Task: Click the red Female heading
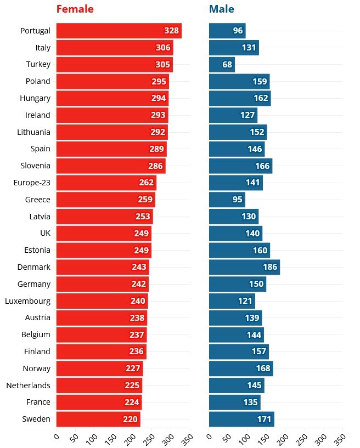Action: pyautogui.click(x=75, y=9)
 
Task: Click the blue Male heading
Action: pyautogui.click(x=221, y=9)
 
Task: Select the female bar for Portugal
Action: pyautogui.click(x=110, y=31)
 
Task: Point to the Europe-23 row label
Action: pyautogui.click(x=32, y=183)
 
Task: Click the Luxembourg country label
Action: pyautogui.click(x=27, y=301)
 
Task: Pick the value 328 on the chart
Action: pyautogui.click(x=171, y=31)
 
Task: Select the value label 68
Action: pyautogui.click(x=227, y=65)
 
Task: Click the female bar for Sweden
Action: pyautogui.click(x=91, y=419)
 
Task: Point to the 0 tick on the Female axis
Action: pyautogui.click(x=56, y=437)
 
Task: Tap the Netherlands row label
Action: pyautogui.click(x=28, y=385)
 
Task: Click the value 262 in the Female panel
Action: pyautogui.click(x=147, y=183)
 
